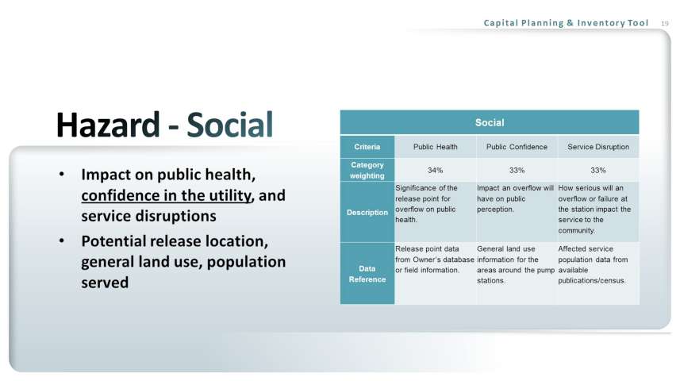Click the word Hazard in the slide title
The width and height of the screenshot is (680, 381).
(x=108, y=125)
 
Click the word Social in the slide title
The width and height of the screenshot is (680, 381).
(x=230, y=125)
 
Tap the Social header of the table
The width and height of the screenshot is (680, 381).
(x=490, y=123)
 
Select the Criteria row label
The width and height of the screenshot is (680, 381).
(x=367, y=147)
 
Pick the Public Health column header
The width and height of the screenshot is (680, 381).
(x=435, y=147)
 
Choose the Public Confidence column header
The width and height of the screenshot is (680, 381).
(x=517, y=147)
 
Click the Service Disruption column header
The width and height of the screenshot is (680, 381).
(x=598, y=147)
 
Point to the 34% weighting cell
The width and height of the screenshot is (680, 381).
(x=435, y=170)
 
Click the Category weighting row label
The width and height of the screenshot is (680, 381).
(x=367, y=170)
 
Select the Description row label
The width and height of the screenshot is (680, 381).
(x=367, y=212)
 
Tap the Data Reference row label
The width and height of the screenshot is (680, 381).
(x=367, y=274)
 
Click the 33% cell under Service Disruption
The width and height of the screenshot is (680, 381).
(x=598, y=170)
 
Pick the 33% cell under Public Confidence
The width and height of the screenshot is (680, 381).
(x=517, y=170)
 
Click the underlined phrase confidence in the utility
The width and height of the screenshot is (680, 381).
(x=166, y=195)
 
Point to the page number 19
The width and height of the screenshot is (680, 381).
(x=665, y=24)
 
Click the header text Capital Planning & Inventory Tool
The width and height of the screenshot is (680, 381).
(x=566, y=23)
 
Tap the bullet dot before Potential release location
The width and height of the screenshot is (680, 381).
(x=62, y=241)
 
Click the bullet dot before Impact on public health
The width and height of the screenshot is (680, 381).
(x=62, y=174)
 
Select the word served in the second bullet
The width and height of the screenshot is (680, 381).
(x=105, y=283)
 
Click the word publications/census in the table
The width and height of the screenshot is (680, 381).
(x=592, y=281)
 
